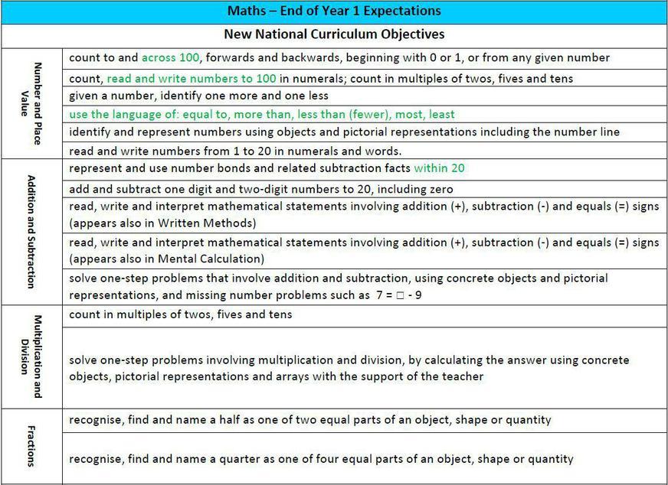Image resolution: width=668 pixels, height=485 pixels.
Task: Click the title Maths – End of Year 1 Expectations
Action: point(334,11)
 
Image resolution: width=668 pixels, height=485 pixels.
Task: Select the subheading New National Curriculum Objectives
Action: point(334,34)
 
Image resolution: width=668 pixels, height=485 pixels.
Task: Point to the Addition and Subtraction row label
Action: point(31,231)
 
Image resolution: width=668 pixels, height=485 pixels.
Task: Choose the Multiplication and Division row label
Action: point(31,356)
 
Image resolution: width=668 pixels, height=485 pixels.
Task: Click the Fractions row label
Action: point(31,447)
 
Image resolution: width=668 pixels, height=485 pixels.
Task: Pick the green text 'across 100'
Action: point(170,58)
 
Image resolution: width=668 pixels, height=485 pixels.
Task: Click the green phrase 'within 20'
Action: point(440,168)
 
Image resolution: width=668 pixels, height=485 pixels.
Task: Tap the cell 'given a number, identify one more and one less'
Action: point(199,96)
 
